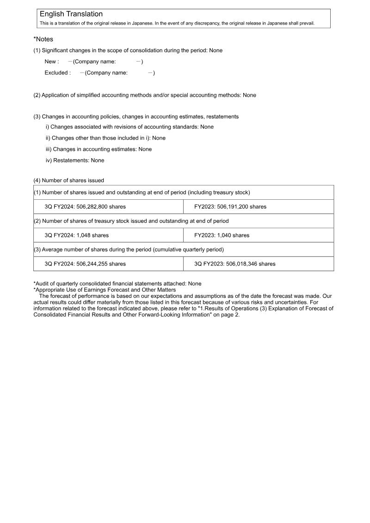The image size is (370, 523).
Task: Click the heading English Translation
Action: coord(71,14)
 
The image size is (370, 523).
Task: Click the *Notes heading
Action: coord(43,40)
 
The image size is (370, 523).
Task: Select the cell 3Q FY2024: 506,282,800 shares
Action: coord(85,207)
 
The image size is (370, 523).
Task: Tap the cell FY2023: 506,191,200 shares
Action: coord(230,207)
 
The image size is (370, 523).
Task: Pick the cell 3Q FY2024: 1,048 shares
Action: coord(77,235)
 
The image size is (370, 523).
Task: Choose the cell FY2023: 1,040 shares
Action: coord(222,235)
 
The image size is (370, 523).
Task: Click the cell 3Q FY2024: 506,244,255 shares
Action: coord(85,264)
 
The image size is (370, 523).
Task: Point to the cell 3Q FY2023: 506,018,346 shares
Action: coord(234,264)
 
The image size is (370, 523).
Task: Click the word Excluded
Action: coord(57,73)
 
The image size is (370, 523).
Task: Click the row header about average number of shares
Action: coord(129,250)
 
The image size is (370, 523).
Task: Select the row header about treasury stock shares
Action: coord(131,221)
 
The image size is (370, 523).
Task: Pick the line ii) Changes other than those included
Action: coord(105,138)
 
